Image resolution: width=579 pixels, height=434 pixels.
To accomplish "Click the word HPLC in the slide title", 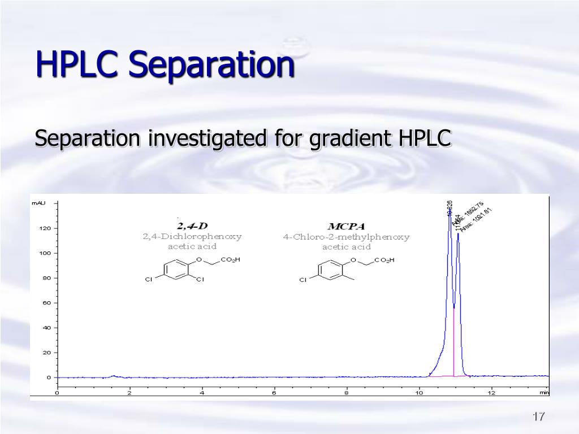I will tap(77, 64).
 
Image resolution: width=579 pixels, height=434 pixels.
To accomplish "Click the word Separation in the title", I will tap(211, 65).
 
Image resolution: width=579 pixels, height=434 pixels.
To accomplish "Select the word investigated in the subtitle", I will tap(210, 138).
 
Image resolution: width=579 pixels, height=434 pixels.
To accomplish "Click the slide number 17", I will tap(538, 417).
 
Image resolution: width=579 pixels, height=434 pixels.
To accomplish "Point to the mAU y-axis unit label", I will tap(38, 202).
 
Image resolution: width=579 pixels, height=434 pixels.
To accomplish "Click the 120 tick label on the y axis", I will tap(45, 228).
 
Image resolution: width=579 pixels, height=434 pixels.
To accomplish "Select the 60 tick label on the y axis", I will tap(47, 303).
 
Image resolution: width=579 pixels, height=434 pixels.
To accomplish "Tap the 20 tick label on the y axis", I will tap(47, 353).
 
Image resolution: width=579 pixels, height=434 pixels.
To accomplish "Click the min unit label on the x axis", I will tap(543, 392).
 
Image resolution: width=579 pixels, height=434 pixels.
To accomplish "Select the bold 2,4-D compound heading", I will tap(192, 226).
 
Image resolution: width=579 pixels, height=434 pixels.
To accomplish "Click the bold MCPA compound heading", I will tap(347, 227).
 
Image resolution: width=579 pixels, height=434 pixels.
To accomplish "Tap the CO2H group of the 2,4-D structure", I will tap(230, 260).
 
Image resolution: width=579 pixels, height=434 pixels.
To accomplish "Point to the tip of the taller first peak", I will tap(450, 215).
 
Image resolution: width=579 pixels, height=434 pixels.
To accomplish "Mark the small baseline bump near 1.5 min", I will tap(114, 376).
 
